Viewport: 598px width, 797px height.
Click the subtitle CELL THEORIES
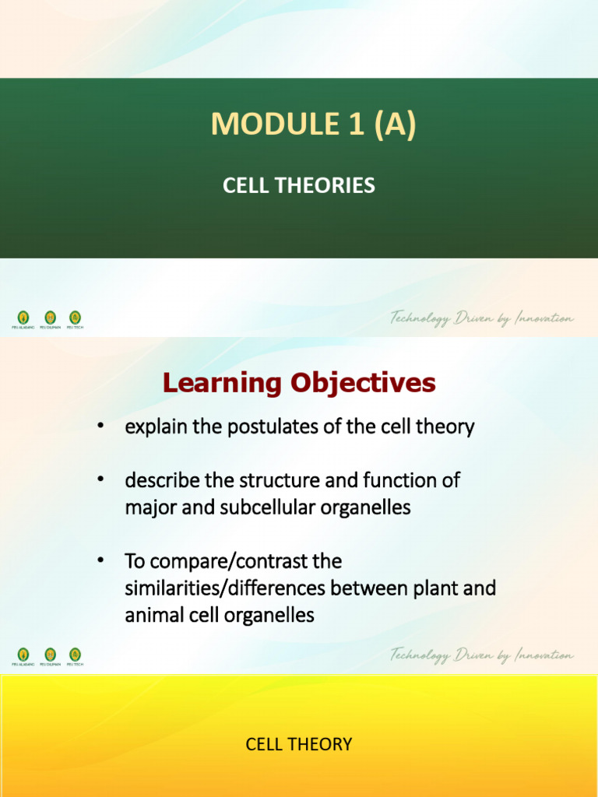coord(299,186)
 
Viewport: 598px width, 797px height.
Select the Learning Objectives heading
coord(299,383)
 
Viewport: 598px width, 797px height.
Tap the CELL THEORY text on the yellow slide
coord(299,744)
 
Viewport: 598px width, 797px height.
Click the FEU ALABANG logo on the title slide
coord(23,318)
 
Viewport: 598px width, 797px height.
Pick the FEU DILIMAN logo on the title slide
coord(50,318)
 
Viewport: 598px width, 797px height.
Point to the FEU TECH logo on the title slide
coord(75,318)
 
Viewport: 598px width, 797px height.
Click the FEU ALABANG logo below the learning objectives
coord(23,655)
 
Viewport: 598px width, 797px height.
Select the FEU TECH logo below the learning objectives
coord(75,655)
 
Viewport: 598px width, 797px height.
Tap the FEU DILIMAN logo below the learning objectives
coord(50,655)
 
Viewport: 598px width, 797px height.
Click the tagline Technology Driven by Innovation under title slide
coord(482,318)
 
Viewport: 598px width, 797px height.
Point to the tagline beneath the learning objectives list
coord(482,655)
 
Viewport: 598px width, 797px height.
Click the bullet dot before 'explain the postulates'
coord(100,427)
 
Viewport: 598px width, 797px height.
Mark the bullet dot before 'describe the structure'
coord(100,481)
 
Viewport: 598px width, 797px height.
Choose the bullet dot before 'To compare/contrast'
coord(100,561)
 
